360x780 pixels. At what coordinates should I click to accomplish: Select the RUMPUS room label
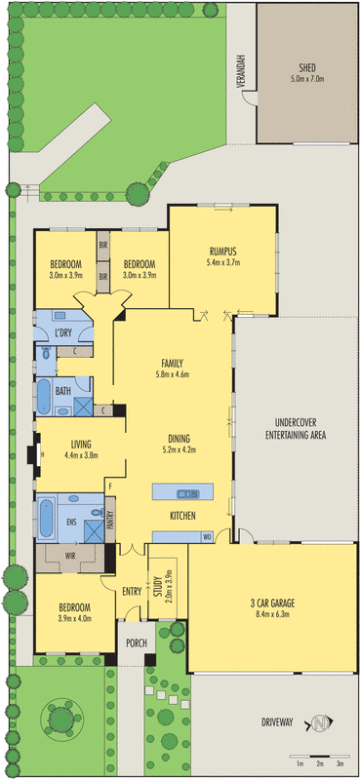tap(221, 250)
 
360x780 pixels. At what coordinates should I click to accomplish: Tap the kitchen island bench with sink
tap(177, 490)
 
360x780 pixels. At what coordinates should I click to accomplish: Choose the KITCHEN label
tap(185, 514)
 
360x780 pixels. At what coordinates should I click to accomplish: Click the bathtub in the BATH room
tap(45, 398)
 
